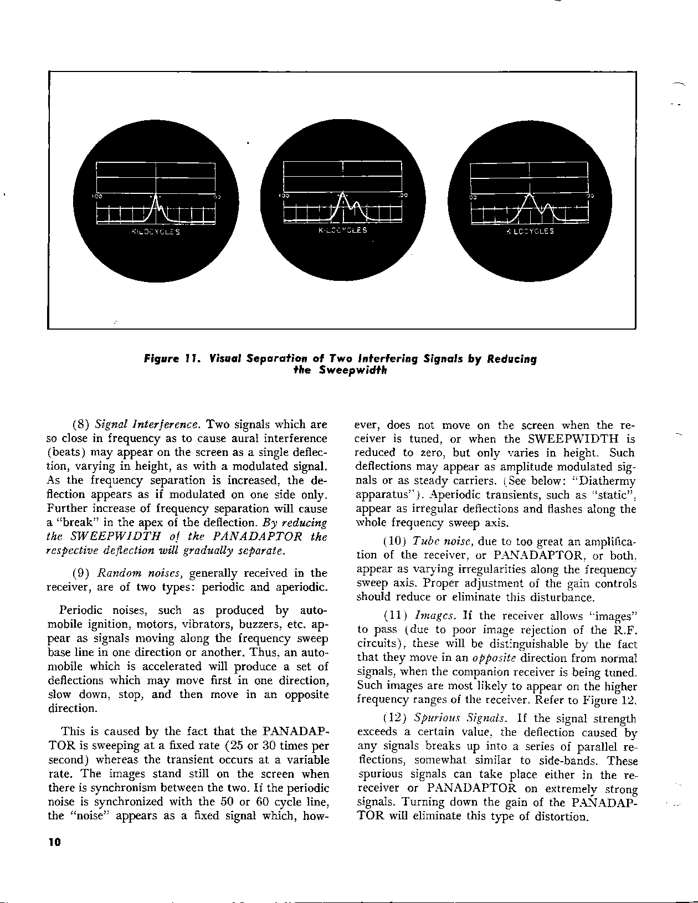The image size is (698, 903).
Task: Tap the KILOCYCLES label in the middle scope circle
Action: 342,230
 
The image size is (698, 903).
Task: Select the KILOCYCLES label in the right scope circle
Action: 530,232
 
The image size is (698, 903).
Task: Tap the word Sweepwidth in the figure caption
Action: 355,370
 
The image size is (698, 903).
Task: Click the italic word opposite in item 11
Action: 494,658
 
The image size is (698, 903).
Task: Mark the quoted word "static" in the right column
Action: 613,495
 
